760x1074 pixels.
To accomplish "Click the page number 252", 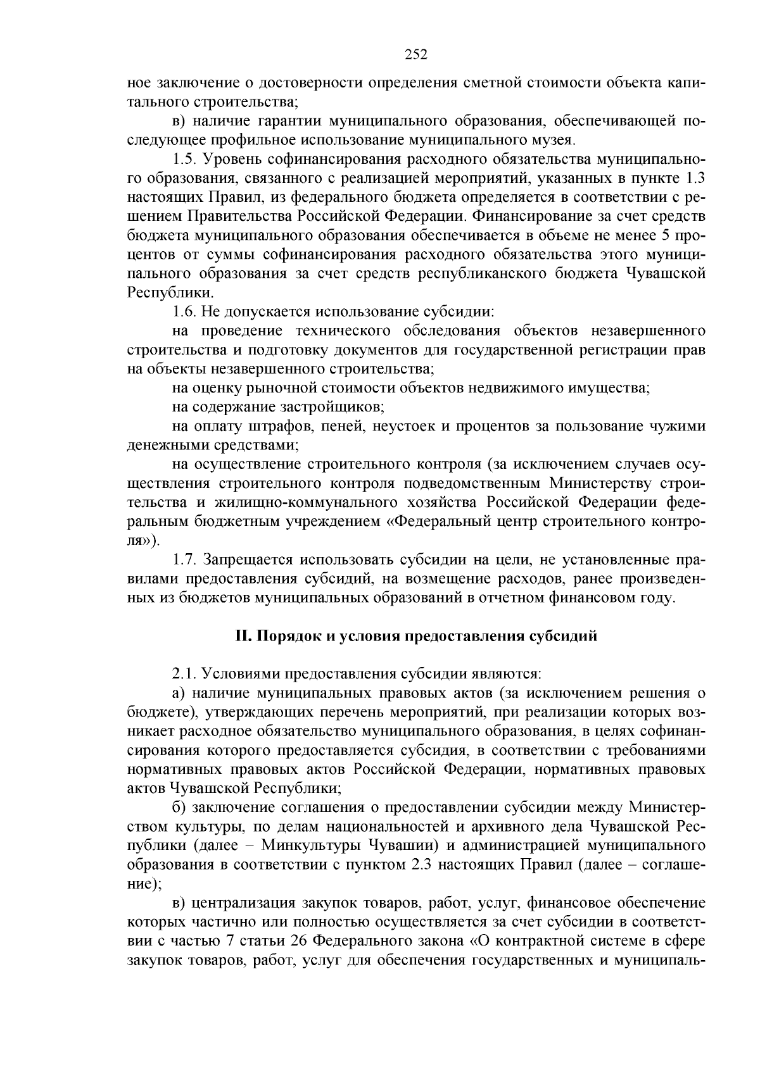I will (416, 54).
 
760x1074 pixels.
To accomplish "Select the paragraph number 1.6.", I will (184, 311).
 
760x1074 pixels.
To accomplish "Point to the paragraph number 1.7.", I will (184, 559).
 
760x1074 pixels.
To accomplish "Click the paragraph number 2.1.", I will (184, 674).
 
